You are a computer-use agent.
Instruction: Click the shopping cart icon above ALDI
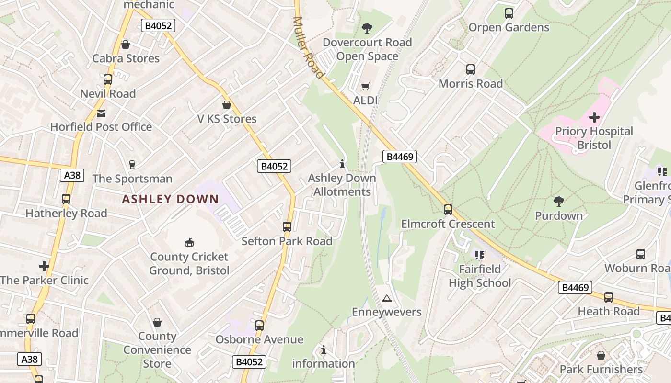coord(366,87)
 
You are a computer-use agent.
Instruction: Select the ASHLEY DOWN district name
coord(170,199)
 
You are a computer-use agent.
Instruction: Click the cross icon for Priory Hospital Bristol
coord(594,117)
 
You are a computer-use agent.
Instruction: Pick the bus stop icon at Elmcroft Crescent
coord(448,209)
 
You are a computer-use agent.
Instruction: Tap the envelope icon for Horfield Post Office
coord(101,113)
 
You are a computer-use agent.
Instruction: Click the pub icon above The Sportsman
coord(132,165)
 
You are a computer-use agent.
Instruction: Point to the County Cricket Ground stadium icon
coord(189,243)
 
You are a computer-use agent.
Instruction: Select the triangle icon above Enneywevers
coord(386,299)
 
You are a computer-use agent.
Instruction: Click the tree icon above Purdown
coord(558,202)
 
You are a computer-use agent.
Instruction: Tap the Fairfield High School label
coord(480,276)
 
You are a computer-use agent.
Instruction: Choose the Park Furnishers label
coord(601,369)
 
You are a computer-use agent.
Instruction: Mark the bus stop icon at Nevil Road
coord(108,79)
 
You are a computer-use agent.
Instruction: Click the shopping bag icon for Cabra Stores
coord(126,45)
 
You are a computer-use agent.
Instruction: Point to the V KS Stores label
coord(227,119)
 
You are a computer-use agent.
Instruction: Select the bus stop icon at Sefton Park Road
coord(287,227)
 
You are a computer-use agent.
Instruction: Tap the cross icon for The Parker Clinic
coord(44,266)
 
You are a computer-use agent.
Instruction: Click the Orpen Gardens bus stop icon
coord(509,13)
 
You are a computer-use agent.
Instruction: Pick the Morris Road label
coord(471,83)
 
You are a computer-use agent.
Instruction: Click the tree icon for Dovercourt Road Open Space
coord(367,28)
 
